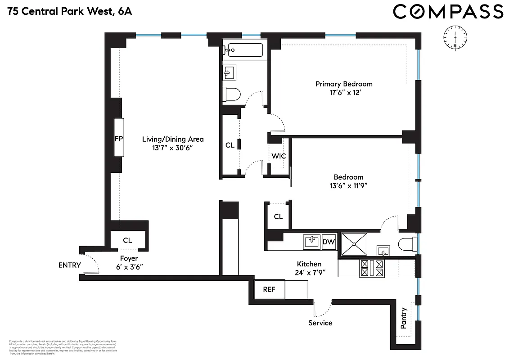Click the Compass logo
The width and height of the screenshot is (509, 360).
pos(448,11)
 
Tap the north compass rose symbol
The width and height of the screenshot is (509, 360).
pos(455,38)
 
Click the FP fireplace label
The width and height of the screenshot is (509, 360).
pos(119,139)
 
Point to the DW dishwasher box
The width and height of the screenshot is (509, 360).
pos(329,242)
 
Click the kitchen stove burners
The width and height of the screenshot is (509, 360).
pos(372,269)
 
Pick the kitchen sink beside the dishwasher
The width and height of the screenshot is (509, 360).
pos(312,242)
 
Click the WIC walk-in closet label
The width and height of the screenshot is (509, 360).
pos(279,157)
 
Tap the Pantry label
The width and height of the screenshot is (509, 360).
pos(404,318)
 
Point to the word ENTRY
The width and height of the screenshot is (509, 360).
pos(70,265)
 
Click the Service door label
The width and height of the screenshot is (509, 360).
pos(320,323)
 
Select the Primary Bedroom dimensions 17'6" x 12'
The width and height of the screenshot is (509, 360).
pos(344,93)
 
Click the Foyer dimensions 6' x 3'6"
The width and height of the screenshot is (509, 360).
pos(129,267)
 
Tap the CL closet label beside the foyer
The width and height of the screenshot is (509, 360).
pos(127,240)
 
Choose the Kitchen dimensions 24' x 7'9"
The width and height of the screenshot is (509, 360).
pos(309,272)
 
